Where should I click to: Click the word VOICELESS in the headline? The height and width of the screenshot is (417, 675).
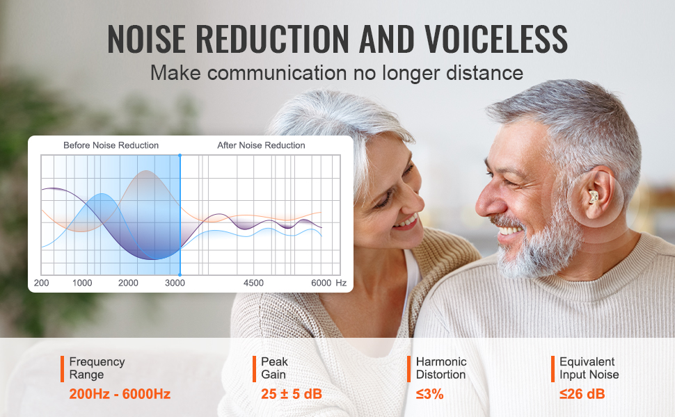click(496, 39)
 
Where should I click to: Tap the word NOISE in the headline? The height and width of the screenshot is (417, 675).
click(146, 39)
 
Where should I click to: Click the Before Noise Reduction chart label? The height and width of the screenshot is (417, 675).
click(111, 145)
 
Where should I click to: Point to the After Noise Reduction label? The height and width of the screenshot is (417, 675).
click(261, 145)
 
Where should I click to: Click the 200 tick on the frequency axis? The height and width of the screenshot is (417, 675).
click(41, 283)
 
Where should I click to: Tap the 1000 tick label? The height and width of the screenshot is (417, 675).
click(82, 283)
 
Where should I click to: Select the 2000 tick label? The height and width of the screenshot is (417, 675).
click(128, 283)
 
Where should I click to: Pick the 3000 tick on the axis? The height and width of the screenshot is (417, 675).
click(175, 283)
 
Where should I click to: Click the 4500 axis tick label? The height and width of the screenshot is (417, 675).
click(253, 283)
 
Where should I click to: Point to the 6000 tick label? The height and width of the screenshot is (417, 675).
click(321, 283)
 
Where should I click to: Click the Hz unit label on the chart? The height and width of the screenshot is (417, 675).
click(341, 283)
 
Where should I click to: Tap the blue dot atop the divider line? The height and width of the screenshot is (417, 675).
click(180, 155)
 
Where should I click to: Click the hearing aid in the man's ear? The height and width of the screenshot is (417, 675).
click(594, 197)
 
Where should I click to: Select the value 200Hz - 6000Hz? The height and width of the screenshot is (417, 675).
click(120, 394)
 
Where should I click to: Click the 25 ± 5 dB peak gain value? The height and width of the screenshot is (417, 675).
click(292, 394)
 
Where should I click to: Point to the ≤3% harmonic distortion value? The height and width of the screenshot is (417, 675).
click(429, 394)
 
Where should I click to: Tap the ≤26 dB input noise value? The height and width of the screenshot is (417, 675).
click(582, 394)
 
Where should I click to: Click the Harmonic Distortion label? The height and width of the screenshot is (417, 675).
click(441, 368)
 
